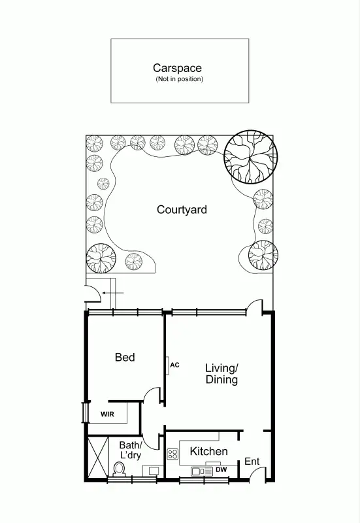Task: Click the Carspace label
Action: [x=177, y=67]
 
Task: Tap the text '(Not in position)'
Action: [x=179, y=79]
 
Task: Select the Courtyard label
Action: [x=182, y=210]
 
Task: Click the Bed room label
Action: [x=125, y=357]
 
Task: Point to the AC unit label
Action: [x=174, y=365]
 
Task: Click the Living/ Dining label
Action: [x=221, y=373]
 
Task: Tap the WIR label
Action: [x=107, y=414]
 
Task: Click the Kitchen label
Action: [x=208, y=451]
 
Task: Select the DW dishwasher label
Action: [x=221, y=469]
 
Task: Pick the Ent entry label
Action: [x=252, y=462]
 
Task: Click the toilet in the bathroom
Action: [x=120, y=469]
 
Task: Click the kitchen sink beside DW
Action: [x=197, y=471]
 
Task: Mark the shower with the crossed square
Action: [x=96, y=458]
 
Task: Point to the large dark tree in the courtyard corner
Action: [x=251, y=157]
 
